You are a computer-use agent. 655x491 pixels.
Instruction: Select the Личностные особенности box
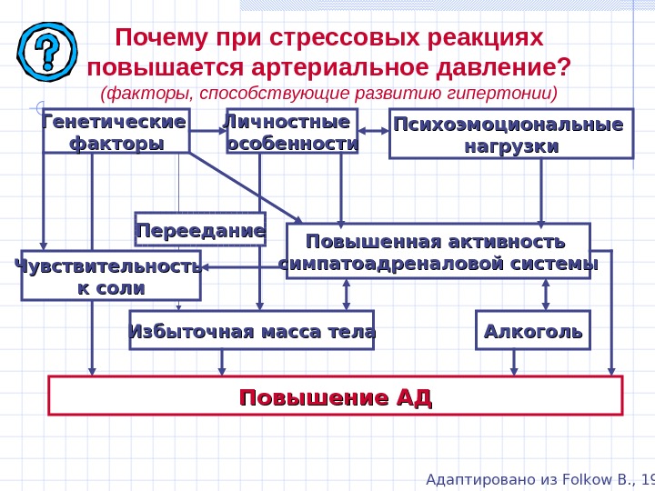click(291, 133)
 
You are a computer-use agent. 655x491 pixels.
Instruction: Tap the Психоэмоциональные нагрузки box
click(510, 135)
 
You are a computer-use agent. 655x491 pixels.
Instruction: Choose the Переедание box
click(200, 230)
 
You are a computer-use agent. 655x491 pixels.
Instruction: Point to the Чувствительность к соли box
click(110, 276)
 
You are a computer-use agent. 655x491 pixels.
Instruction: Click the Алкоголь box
click(533, 331)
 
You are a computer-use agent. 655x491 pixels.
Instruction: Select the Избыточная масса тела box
click(252, 331)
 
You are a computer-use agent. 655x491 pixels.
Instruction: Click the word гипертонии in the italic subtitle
click(506, 94)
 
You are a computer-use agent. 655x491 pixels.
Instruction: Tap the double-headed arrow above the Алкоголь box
click(546, 295)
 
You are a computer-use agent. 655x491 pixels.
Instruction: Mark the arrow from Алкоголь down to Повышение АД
click(515, 362)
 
